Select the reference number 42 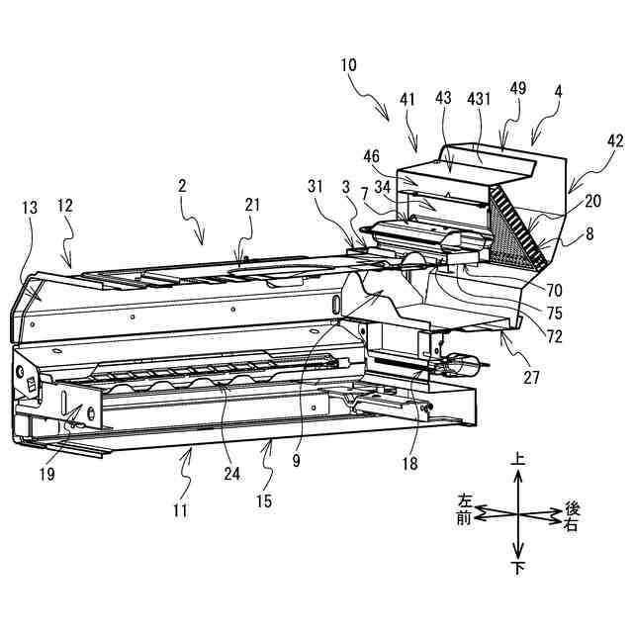pyautogui.click(x=614, y=141)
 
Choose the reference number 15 pyautogui.click(x=263, y=501)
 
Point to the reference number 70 pyautogui.click(x=554, y=291)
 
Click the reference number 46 pyautogui.click(x=371, y=155)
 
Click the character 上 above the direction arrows pyautogui.click(x=517, y=460)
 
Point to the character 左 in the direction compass pyautogui.click(x=465, y=502)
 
